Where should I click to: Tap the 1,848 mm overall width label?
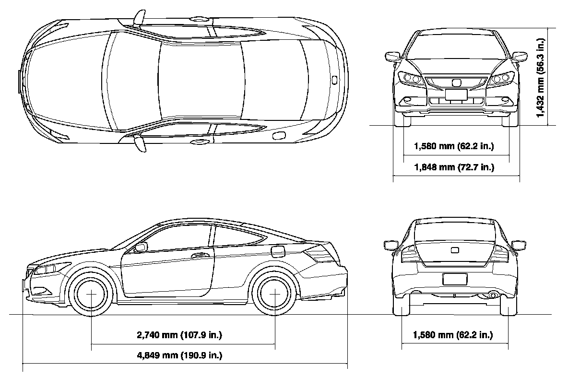(453, 167)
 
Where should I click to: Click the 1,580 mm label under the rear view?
(453, 335)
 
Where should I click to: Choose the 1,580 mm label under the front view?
(453, 146)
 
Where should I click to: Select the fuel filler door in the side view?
(277, 250)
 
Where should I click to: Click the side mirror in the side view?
(141, 247)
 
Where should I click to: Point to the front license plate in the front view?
(456, 94)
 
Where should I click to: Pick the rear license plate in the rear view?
(454, 279)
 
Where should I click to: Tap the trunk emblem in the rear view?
(455, 250)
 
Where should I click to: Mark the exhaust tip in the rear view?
(493, 295)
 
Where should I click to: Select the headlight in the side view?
(46, 270)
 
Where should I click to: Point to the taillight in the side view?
(320, 254)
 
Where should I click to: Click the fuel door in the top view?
(278, 136)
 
